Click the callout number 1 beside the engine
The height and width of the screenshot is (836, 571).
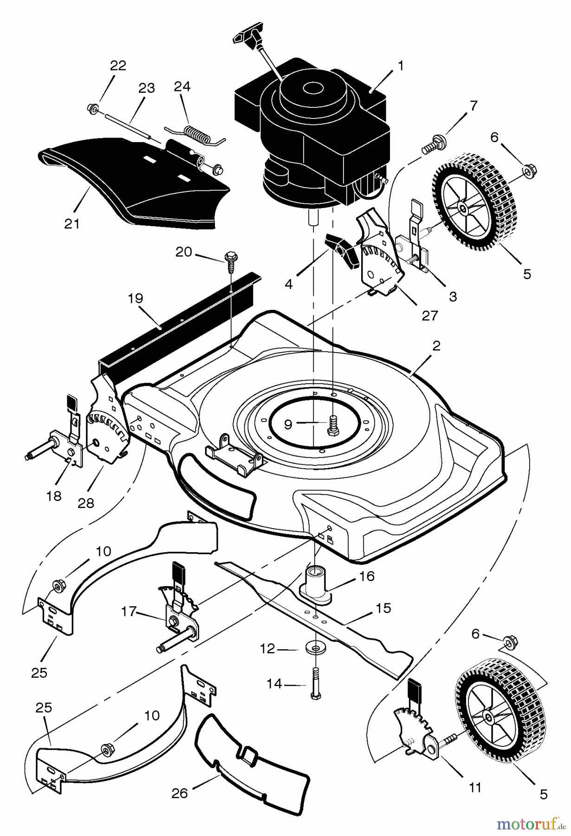[x=400, y=66]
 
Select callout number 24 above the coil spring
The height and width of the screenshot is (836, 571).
[x=182, y=86]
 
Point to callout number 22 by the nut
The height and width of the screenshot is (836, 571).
[x=118, y=65]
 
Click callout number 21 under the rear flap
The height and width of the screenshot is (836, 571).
[x=72, y=223]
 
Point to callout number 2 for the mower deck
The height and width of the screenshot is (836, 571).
[x=436, y=346]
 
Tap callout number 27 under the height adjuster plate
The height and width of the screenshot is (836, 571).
[x=430, y=316]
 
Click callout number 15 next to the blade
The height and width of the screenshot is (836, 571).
[x=384, y=608]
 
